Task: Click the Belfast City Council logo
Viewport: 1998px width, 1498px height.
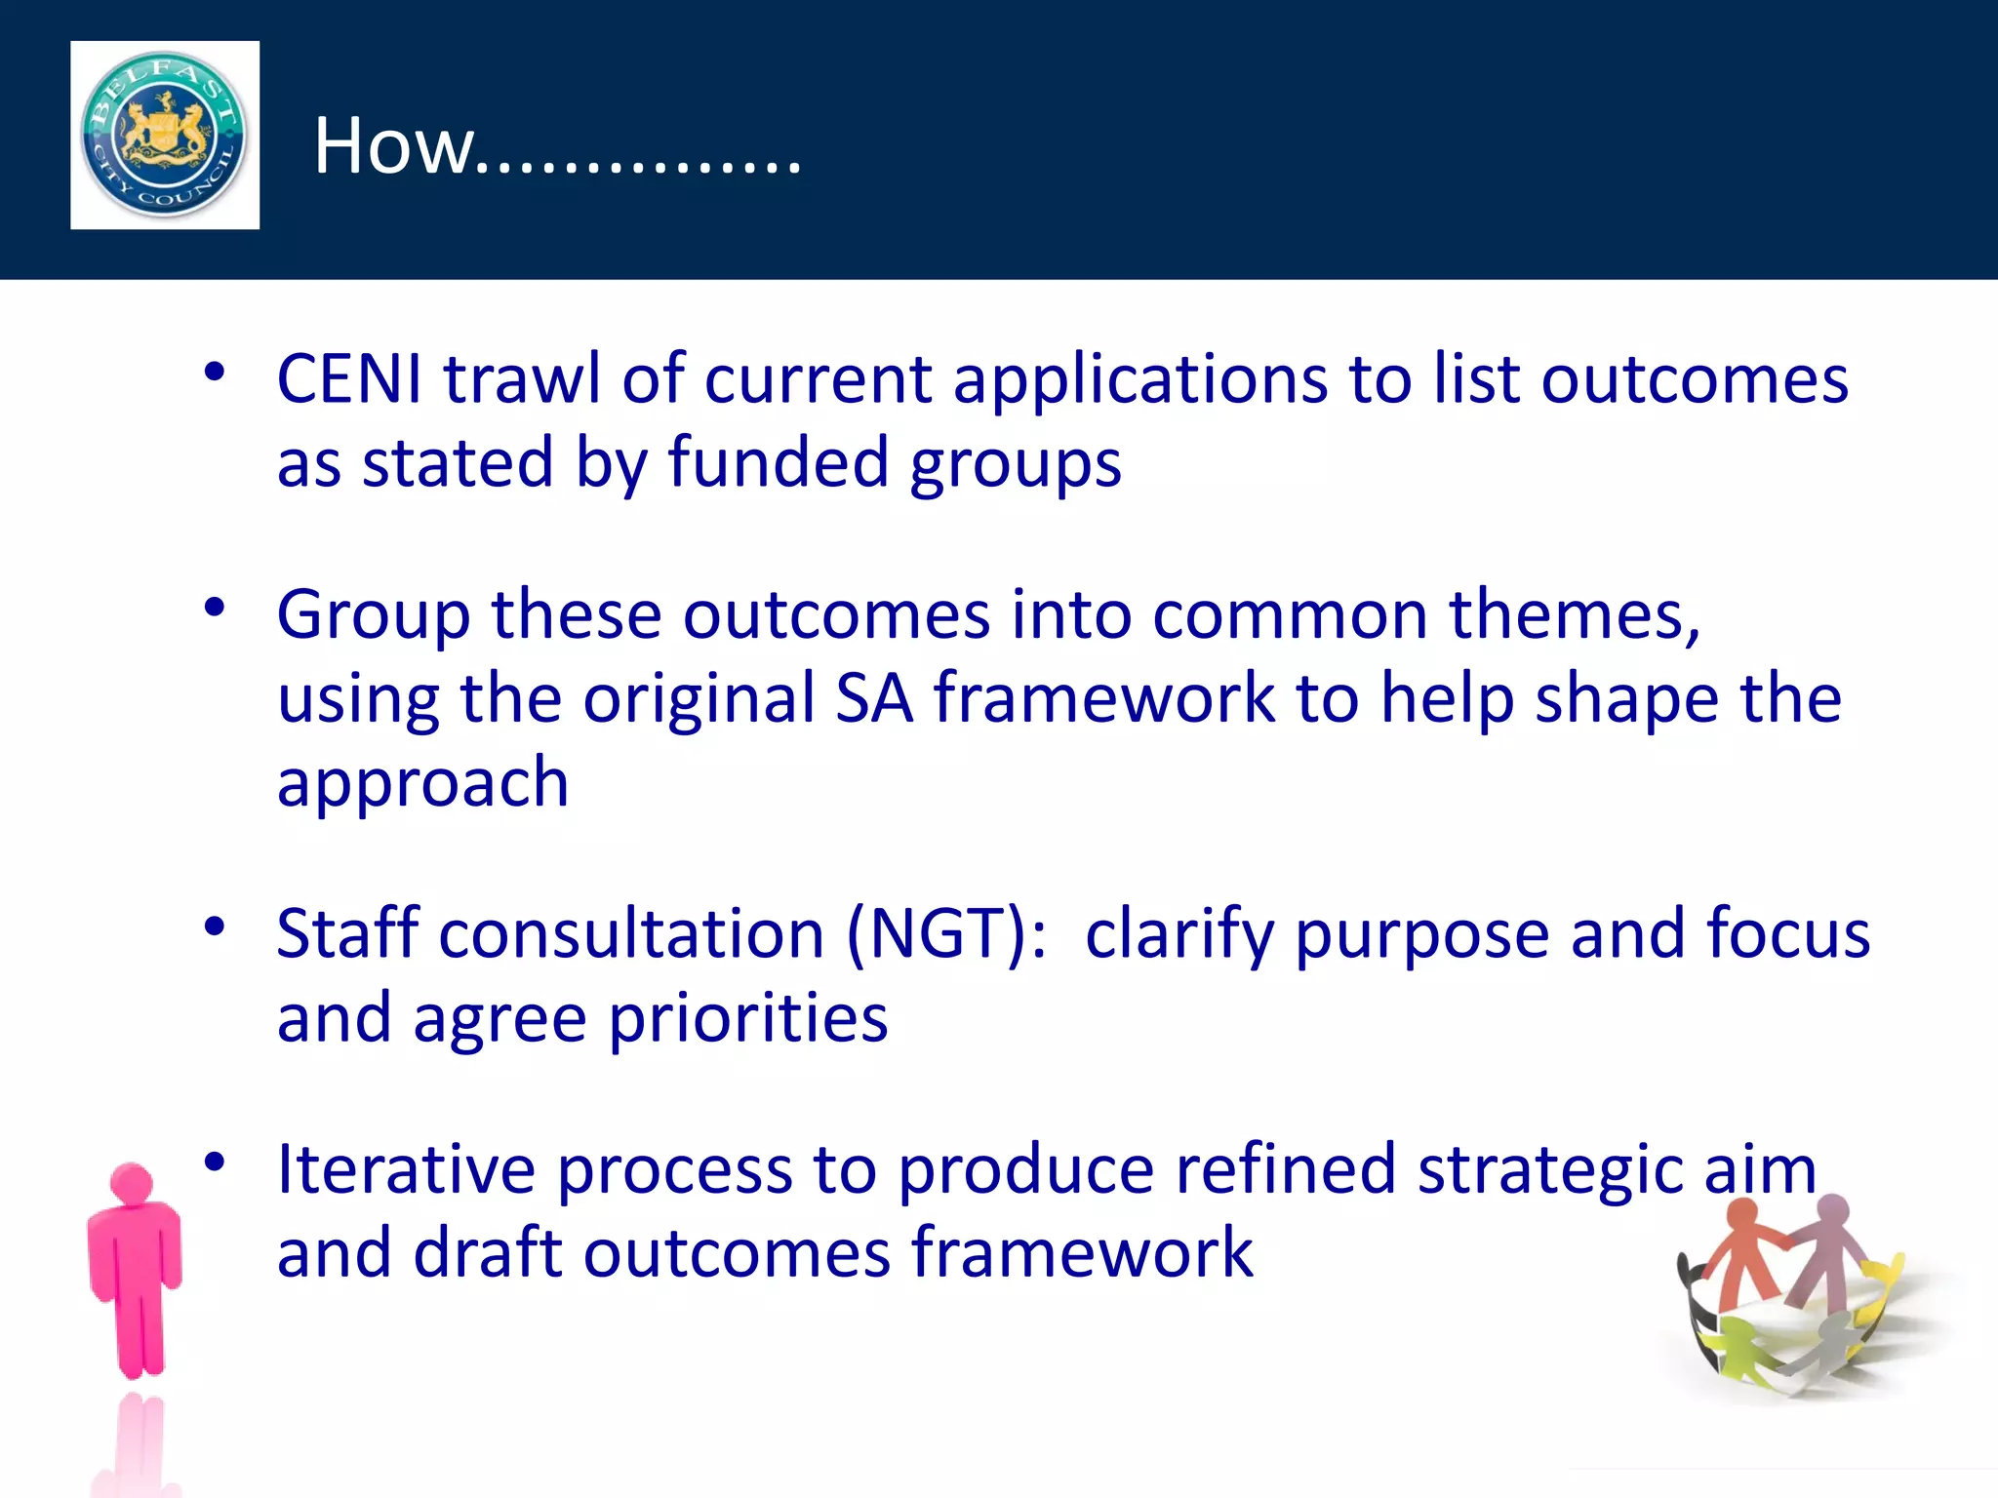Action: coord(165,135)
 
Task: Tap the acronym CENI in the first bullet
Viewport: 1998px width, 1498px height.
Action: coord(350,378)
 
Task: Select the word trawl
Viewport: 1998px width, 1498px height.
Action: coord(522,378)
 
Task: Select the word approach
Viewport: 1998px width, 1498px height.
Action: coord(422,784)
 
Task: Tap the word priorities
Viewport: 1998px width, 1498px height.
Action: coord(748,1019)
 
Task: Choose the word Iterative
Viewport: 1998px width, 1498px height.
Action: coord(406,1169)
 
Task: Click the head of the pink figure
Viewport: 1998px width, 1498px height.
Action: coord(132,1182)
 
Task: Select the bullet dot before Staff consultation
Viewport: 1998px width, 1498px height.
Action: coord(215,926)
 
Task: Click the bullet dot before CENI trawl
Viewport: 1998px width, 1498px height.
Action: coord(215,371)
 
